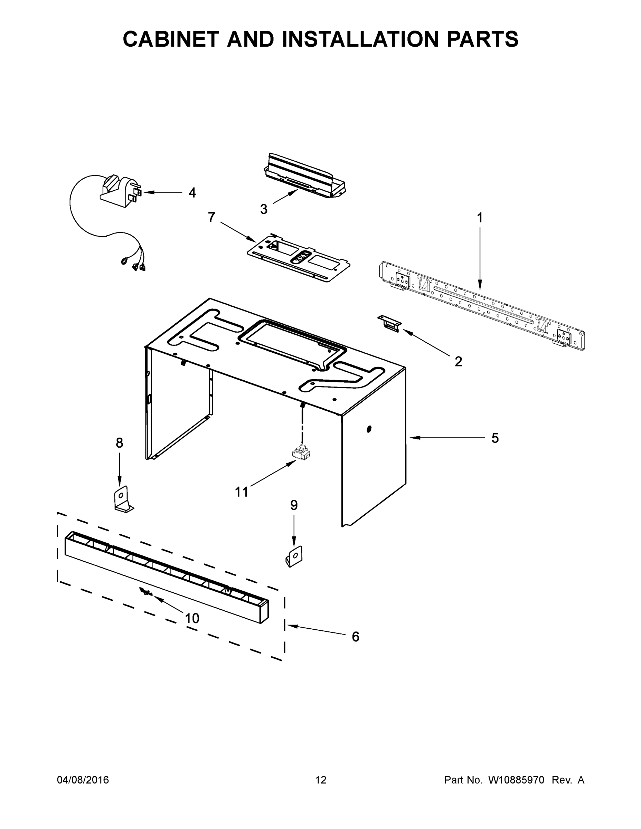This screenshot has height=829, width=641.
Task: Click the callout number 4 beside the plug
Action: pyautogui.click(x=192, y=193)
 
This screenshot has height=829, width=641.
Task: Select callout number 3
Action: pyautogui.click(x=264, y=209)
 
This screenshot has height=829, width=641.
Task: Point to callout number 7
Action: pyautogui.click(x=211, y=217)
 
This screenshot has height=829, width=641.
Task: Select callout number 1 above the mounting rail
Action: pyautogui.click(x=480, y=218)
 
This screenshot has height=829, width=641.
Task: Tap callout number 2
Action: pyautogui.click(x=458, y=361)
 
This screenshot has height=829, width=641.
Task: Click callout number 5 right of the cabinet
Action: pyautogui.click(x=495, y=438)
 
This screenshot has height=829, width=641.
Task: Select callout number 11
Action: pyautogui.click(x=242, y=492)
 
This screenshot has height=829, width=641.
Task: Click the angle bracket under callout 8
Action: pyautogui.click(x=123, y=499)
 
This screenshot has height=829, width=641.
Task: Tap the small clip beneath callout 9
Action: pyautogui.click(x=294, y=556)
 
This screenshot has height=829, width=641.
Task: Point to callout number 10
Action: pyautogui.click(x=192, y=618)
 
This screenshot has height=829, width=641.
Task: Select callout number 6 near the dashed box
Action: pyautogui.click(x=355, y=637)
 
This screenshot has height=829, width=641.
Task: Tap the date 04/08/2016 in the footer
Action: pyautogui.click(x=83, y=780)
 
